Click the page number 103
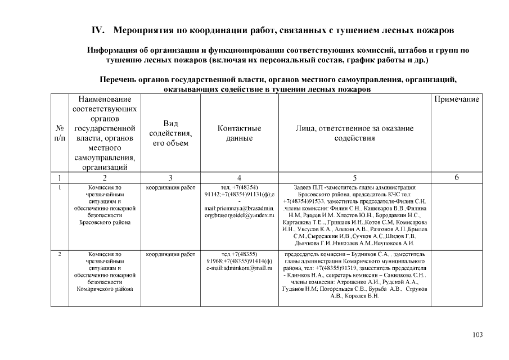pyautogui.click(x=478, y=335)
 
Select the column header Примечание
pyautogui.click(x=456, y=100)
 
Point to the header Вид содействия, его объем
pyautogui.click(x=170, y=133)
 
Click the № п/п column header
pyautogui.click(x=60, y=133)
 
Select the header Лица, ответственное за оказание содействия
pyautogui.click(x=354, y=133)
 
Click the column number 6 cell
pyautogui.click(x=456, y=178)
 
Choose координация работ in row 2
pyautogui.click(x=170, y=255)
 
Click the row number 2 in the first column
pyautogui.click(x=60, y=255)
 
